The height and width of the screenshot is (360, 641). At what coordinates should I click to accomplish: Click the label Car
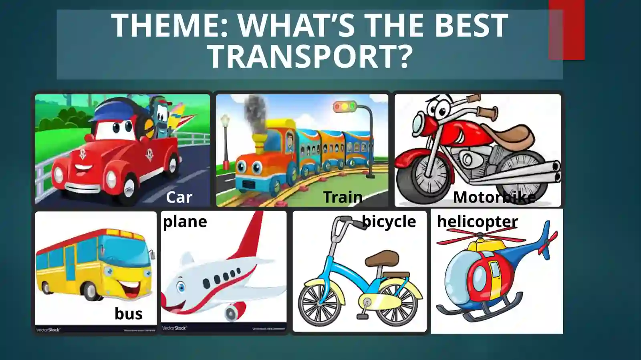click(x=179, y=197)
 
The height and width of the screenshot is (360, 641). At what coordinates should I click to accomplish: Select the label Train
click(x=343, y=197)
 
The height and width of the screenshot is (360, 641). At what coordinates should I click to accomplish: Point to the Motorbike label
click(x=494, y=197)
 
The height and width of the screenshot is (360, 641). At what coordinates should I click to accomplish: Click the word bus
click(x=128, y=314)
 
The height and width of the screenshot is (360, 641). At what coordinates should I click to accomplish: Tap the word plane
click(x=185, y=221)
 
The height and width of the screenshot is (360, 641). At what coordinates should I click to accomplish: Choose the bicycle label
click(x=389, y=221)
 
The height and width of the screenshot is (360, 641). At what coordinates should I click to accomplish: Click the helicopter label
click(x=477, y=221)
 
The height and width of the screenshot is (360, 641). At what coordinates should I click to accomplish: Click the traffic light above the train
click(x=345, y=107)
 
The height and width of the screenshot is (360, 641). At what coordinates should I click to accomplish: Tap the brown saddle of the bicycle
click(x=382, y=258)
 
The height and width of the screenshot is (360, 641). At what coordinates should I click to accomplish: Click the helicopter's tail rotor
click(x=546, y=240)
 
